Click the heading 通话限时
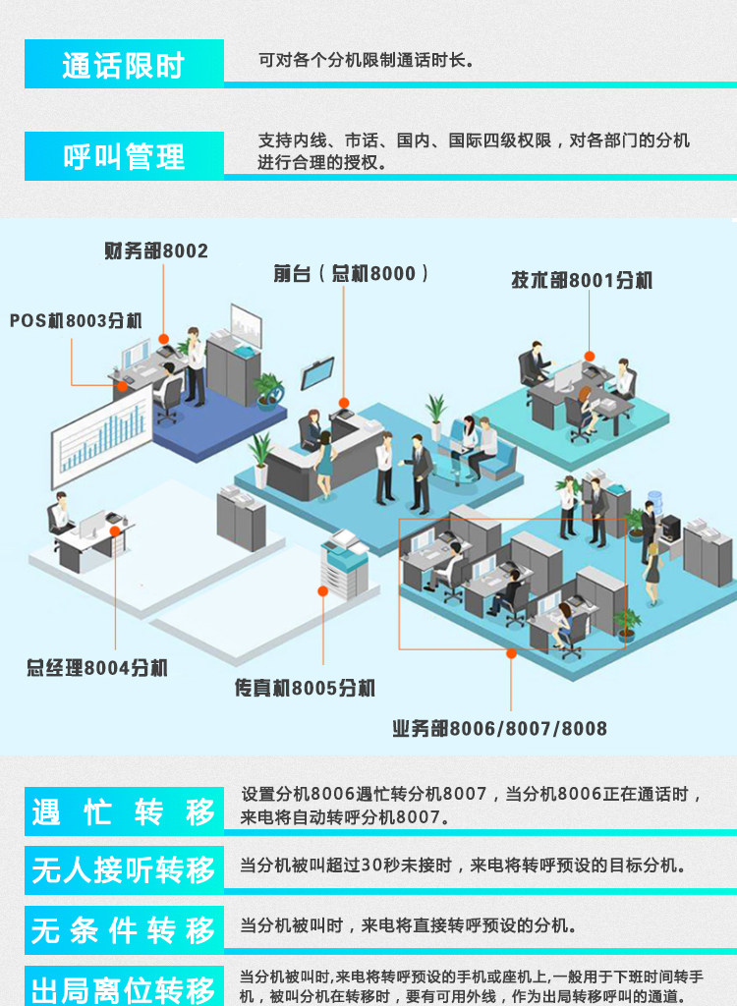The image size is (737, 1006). click(123, 65)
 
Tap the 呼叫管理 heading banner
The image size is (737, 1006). click(124, 156)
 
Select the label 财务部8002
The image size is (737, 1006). click(156, 251)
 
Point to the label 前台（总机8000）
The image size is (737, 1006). click(351, 274)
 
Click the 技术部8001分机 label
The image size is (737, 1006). click(582, 280)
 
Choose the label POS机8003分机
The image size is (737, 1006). click(76, 320)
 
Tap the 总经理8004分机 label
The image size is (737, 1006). click(97, 668)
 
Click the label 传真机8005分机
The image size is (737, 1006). click(305, 689)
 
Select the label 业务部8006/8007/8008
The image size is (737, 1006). click(499, 729)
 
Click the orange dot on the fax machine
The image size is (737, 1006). click(323, 590)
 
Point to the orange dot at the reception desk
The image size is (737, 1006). click(344, 403)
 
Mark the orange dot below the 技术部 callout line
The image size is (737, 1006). click(590, 356)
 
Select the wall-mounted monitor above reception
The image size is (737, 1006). click(317, 373)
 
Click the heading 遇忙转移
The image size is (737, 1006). click(123, 812)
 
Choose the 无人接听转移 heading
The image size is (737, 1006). click(123, 870)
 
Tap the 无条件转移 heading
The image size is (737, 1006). click(123, 930)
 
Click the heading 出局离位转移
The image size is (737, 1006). click(123, 989)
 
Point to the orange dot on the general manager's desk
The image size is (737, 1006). click(115, 531)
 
